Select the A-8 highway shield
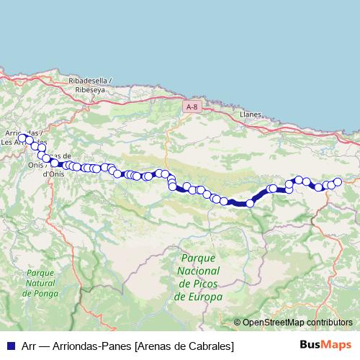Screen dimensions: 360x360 (x=191, y=107)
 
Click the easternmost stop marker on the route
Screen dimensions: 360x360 (x=337, y=182)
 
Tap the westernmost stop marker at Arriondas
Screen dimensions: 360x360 (x=22, y=138)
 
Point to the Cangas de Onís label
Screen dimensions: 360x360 (x=55, y=164)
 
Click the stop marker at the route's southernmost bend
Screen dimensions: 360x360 (x=250, y=204)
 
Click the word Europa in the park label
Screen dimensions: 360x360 (x=207, y=297)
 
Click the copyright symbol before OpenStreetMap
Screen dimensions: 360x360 (x=238, y=323)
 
